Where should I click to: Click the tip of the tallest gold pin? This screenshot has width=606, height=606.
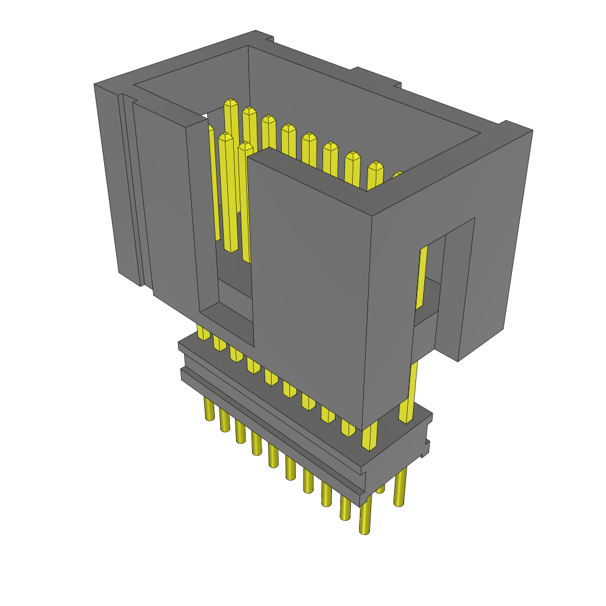coord(231,104)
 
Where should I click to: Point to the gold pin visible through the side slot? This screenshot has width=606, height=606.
coord(422,278)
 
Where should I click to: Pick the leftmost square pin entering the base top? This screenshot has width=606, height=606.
coord(203,334)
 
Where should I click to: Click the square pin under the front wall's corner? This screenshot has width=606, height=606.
coord(369,437)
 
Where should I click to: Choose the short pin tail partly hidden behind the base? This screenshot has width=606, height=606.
coord(380,489)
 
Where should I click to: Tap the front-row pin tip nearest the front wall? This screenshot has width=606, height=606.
coord(245,146)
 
